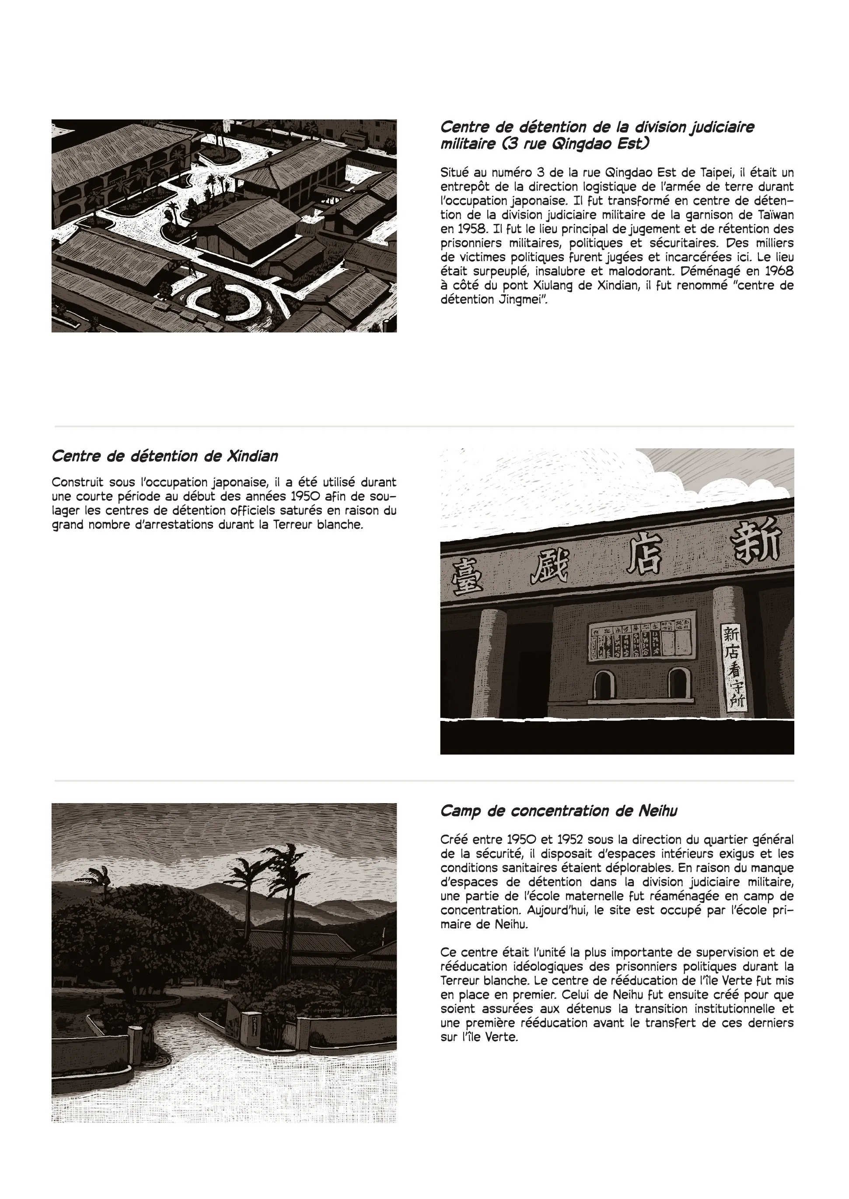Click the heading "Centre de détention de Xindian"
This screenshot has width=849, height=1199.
click(164, 456)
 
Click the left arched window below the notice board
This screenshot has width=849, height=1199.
click(603, 685)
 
